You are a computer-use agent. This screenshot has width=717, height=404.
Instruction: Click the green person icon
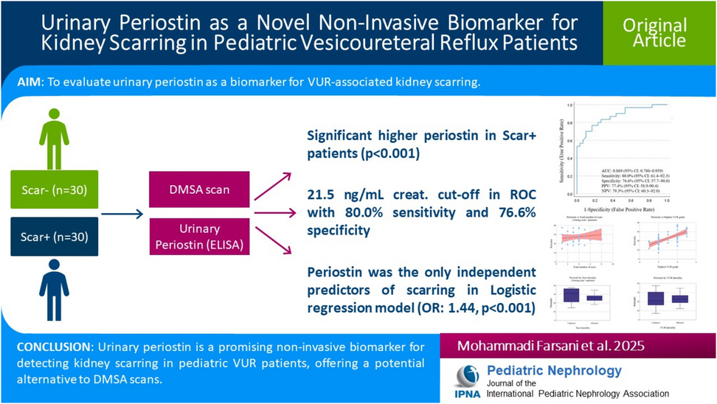(x=54, y=139)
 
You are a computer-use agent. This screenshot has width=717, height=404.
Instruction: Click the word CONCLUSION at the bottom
(x=52, y=347)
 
